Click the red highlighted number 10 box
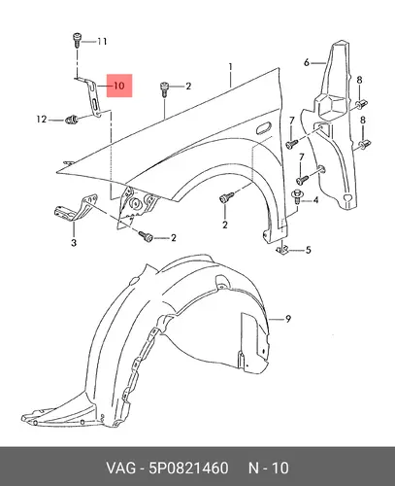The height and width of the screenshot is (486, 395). pos(119,86)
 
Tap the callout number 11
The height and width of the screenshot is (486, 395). pos(102,42)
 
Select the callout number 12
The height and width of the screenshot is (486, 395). pos(42,120)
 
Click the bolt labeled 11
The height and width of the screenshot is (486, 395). pos(77,39)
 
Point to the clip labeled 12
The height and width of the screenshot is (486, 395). pos(72,121)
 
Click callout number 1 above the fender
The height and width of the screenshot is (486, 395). pos(230,67)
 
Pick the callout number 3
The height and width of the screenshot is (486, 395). pos(74,242)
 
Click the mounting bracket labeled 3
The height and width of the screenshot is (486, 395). pos(75,208)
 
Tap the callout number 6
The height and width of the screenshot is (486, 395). pos(307,62)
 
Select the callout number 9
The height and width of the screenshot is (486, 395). pos(288,319)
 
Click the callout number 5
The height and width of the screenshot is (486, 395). pos(309,250)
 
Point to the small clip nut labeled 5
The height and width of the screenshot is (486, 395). pos(281,251)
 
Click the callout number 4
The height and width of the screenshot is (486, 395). pos(315,200)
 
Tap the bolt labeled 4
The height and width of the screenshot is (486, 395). pos(297,196)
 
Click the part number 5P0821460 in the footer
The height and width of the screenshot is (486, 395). pos(188,468)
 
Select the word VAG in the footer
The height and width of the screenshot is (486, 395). pos(121,468)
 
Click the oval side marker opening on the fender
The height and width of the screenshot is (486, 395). pos(264,127)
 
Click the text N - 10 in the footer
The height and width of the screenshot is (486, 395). pos(269,468)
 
